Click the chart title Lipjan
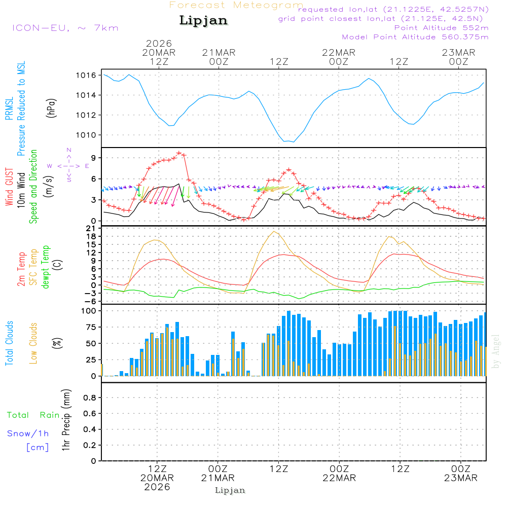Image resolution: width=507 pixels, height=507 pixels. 203,21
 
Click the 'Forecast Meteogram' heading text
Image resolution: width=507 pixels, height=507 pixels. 236,5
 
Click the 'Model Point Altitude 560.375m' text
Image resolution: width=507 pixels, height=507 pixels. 415,37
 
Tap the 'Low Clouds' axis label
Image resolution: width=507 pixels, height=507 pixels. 33,343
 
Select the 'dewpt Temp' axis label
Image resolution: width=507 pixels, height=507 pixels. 46,267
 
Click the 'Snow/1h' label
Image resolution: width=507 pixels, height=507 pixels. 28,433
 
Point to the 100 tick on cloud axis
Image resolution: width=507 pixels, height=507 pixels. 89,311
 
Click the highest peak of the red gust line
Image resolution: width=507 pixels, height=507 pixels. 179,152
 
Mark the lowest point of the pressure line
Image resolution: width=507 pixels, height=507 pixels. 294,142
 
